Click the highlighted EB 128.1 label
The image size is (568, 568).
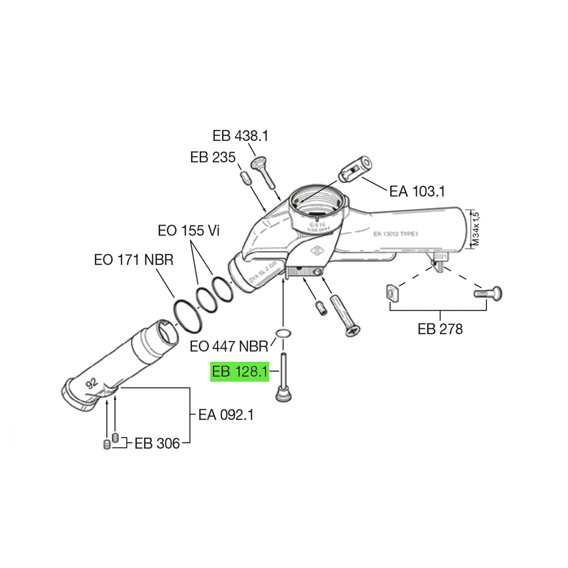coord(239,372)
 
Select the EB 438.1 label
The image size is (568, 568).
coord(240,136)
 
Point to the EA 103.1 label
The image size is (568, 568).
coord(417,191)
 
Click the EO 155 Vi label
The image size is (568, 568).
coord(188,231)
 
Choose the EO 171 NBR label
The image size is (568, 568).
coord(133,260)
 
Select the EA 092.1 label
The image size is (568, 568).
coord(225,415)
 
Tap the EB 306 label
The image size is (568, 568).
coord(157,444)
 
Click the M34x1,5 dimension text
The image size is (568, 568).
coord(477,229)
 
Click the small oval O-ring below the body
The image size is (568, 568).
coord(282,332)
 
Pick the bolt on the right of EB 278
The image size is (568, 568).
coord(487,294)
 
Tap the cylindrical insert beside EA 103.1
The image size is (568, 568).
coord(356,168)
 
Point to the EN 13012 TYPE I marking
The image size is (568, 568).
coord(395,233)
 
